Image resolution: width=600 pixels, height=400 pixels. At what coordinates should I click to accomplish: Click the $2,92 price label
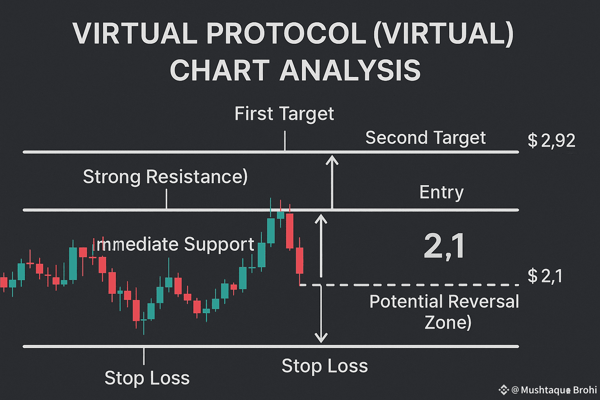[551, 141]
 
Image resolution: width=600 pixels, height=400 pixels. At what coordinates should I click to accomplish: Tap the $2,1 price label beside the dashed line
[545, 276]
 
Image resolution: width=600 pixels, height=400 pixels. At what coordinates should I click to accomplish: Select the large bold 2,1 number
[444, 246]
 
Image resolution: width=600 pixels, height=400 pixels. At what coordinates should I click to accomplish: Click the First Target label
[284, 114]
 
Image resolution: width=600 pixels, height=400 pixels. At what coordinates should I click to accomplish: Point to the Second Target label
[425, 138]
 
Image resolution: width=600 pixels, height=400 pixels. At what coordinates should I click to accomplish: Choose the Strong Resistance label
[165, 177]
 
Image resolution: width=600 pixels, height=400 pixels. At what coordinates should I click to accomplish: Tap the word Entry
[441, 192]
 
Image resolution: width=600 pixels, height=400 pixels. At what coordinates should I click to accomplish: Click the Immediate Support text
[175, 245]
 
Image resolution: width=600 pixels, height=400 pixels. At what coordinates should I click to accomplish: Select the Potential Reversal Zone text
[445, 312]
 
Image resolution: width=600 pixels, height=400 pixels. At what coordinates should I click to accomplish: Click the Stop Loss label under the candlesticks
[147, 378]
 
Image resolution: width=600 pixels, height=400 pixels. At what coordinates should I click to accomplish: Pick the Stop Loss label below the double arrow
[325, 366]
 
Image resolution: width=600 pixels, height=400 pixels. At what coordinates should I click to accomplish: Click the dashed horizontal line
[410, 285]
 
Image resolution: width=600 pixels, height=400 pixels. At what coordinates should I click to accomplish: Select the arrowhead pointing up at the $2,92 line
[332, 159]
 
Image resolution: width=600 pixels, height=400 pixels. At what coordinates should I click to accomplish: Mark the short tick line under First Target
[285, 141]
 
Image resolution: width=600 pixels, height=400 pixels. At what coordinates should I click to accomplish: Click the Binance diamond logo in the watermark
[503, 389]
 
